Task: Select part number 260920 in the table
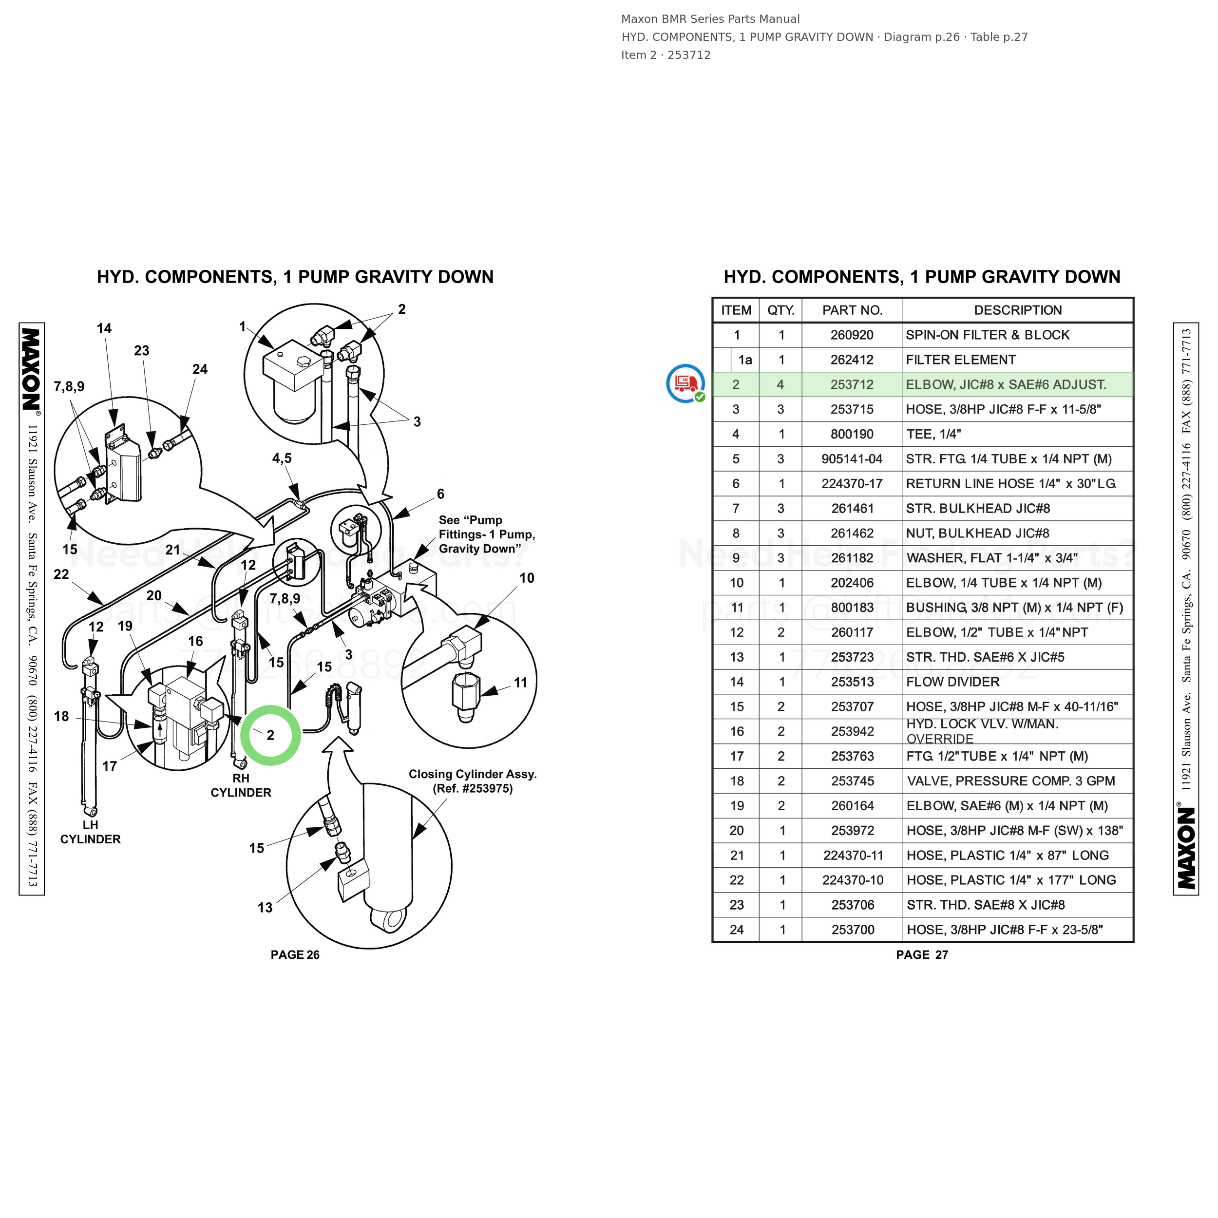pos(852,335)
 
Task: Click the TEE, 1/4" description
pos(933,434)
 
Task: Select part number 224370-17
pos(852,483)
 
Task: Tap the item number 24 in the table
pos(736,929)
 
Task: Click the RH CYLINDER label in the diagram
pos(241,785)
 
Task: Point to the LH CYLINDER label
pos(90,832)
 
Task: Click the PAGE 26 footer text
pos(295,954)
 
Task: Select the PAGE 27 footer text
pos(922,954)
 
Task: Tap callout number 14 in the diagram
pos(104,328)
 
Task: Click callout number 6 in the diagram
pos(441,494)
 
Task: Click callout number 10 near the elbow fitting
pos(526,578)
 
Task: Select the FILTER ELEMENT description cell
pos(961,360)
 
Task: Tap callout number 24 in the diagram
pos(200,369)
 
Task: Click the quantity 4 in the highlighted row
pos(780,384)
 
